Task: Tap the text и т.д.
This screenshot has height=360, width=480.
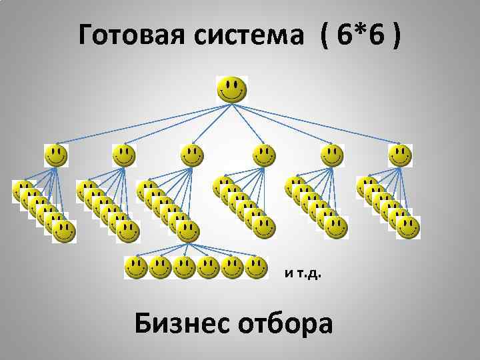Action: click(x=303, y=273)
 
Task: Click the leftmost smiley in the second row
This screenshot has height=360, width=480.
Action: click(x=56, y=156)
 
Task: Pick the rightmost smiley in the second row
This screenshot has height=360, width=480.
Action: click(x=400, y=156)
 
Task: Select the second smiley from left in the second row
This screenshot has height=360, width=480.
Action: click(x=123, y=156)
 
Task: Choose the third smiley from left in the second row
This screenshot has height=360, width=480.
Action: click(x=193, y=156)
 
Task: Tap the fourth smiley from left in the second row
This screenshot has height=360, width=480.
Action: click(x=264, y=156)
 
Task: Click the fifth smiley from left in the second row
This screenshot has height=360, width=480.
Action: click(x=331, y=156)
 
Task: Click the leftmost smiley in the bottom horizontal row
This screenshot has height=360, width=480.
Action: click(x=136, y=268)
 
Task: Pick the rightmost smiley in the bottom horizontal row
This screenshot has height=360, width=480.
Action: click(x=257, y=268)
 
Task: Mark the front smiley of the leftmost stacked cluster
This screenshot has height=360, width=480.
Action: click(x=64, y=232)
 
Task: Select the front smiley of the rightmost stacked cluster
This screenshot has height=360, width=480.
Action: click(x=408, y=227)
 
